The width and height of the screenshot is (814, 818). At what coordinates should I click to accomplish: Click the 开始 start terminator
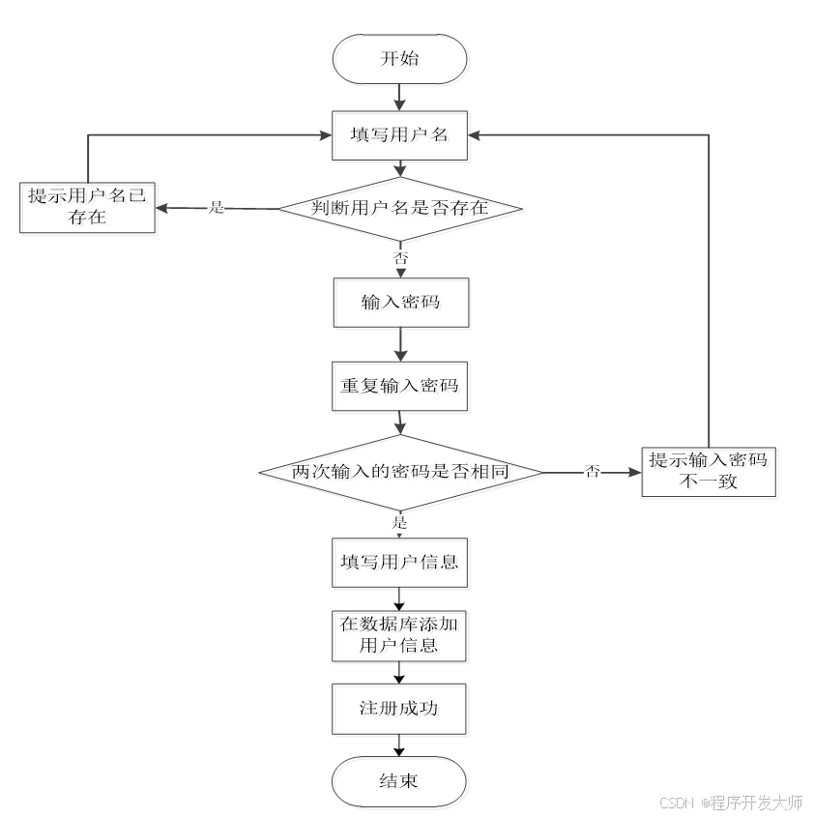coord(399,58)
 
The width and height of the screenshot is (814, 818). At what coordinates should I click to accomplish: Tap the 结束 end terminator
coord(399,780)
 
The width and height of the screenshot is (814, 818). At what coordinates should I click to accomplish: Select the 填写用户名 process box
coord(399,134)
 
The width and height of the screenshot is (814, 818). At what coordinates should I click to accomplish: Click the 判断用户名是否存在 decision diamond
coord(400,208)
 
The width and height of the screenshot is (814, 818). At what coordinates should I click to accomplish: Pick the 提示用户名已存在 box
coord(87,207)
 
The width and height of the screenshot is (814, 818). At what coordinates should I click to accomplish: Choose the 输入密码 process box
coord(399,303)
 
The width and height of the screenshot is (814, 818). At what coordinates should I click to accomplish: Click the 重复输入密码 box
coord(399,385)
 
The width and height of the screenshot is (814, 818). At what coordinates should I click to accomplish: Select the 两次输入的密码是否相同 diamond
coord(400,472)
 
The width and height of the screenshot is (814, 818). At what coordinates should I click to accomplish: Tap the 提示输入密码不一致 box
coord(709,471)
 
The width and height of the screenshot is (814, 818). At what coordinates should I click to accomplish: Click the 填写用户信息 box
coord(399,562)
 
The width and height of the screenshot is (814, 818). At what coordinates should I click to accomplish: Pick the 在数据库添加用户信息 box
coord(399,634)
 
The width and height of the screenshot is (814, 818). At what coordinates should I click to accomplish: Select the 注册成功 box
coord(399,709)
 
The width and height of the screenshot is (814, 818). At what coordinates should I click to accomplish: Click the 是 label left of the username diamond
coord(217,208)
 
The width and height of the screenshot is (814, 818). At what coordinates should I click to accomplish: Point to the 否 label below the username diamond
coord(400,258)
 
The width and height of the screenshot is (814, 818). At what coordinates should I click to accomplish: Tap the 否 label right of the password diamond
coord(592,472)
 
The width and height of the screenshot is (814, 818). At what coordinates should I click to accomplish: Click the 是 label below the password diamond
coord(399,522)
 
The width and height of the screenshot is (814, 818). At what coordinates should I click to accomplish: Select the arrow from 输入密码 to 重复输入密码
coord(399,344)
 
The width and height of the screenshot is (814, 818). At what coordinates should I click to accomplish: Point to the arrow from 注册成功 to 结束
coord(399,745)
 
